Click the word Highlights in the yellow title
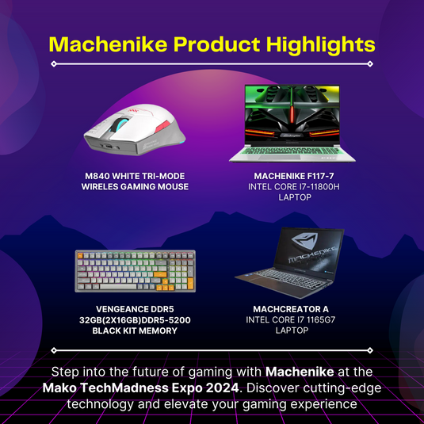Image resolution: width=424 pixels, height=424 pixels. (321, 44)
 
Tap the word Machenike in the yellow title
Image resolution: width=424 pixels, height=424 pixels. (108, 44)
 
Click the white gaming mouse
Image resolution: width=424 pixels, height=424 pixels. (135, 130)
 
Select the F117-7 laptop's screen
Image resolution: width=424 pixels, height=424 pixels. (292, 115)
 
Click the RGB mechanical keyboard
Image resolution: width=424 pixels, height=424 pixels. (136, 271)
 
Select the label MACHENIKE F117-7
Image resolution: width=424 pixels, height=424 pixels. (294, 176)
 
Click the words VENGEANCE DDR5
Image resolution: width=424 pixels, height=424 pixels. (135, 309)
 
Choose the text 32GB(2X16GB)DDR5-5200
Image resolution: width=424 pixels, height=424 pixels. (135, 320)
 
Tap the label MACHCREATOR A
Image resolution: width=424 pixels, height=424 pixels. (291, 309)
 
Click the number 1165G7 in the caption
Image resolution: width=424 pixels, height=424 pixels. (320, 320)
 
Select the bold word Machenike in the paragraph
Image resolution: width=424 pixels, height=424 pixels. (300, 372)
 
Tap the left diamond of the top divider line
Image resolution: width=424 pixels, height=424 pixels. (54, 64)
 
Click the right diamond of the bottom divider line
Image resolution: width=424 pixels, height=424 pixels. (370, 350)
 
